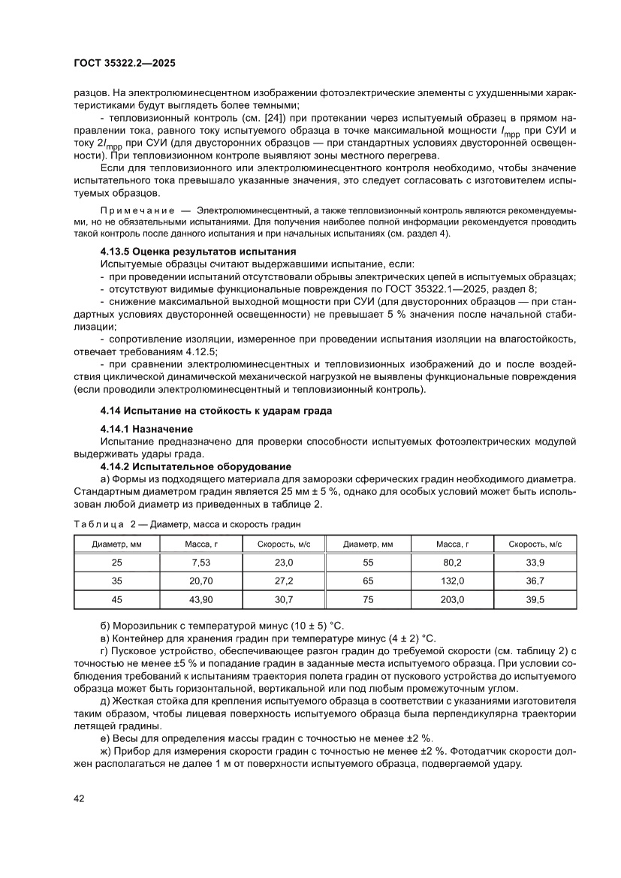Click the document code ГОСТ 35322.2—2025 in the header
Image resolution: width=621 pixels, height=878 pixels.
[x=124, y=65]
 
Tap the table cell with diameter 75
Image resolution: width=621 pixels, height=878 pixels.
[x=368, y=599]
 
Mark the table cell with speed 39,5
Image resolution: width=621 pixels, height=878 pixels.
[x=535, y=599]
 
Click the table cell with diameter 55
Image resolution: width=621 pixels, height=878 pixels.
[x=368, y=562]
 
